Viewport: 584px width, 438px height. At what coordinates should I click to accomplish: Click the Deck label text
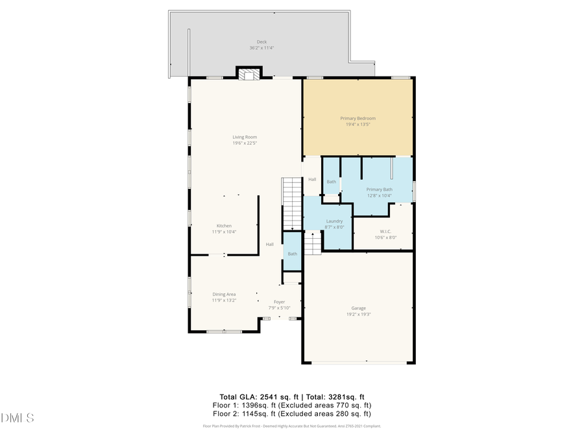[x=262, y=42]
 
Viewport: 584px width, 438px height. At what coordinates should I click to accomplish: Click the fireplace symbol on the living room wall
[x=247, y=74]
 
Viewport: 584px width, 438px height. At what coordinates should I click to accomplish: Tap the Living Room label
[x=245, y=137]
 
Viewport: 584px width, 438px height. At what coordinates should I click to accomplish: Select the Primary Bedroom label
[x=358, y=119]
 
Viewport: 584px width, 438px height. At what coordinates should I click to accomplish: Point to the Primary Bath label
[x=380, y=189]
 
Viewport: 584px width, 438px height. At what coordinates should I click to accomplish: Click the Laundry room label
[x=334, y=221]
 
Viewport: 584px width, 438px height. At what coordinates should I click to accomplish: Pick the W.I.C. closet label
[x=385, y=232]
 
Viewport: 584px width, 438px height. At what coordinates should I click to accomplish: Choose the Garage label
[x=359, y=308]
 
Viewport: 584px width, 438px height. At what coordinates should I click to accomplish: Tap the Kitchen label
[x=224, y=226]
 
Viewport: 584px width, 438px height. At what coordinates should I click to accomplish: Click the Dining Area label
[x=224, y=295]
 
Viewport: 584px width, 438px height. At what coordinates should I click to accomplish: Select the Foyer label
[x=279, y=302]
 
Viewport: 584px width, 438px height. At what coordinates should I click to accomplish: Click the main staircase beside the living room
[x=292, y=203]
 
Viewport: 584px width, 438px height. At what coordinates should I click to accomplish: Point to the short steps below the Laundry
[x=313, y=244]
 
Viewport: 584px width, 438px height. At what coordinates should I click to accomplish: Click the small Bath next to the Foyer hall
[x=293, y=254]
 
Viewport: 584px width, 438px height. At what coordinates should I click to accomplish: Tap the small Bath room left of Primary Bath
[x=332, y=182]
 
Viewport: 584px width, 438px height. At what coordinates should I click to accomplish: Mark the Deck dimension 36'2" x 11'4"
[x=262, y=48]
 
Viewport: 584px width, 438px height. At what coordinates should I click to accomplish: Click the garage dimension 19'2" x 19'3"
[x=359, y=314]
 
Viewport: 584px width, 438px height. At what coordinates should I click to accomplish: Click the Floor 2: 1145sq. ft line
[x=292, y=413]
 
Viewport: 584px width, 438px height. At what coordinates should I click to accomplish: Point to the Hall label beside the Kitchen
[x=269, y=245]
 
